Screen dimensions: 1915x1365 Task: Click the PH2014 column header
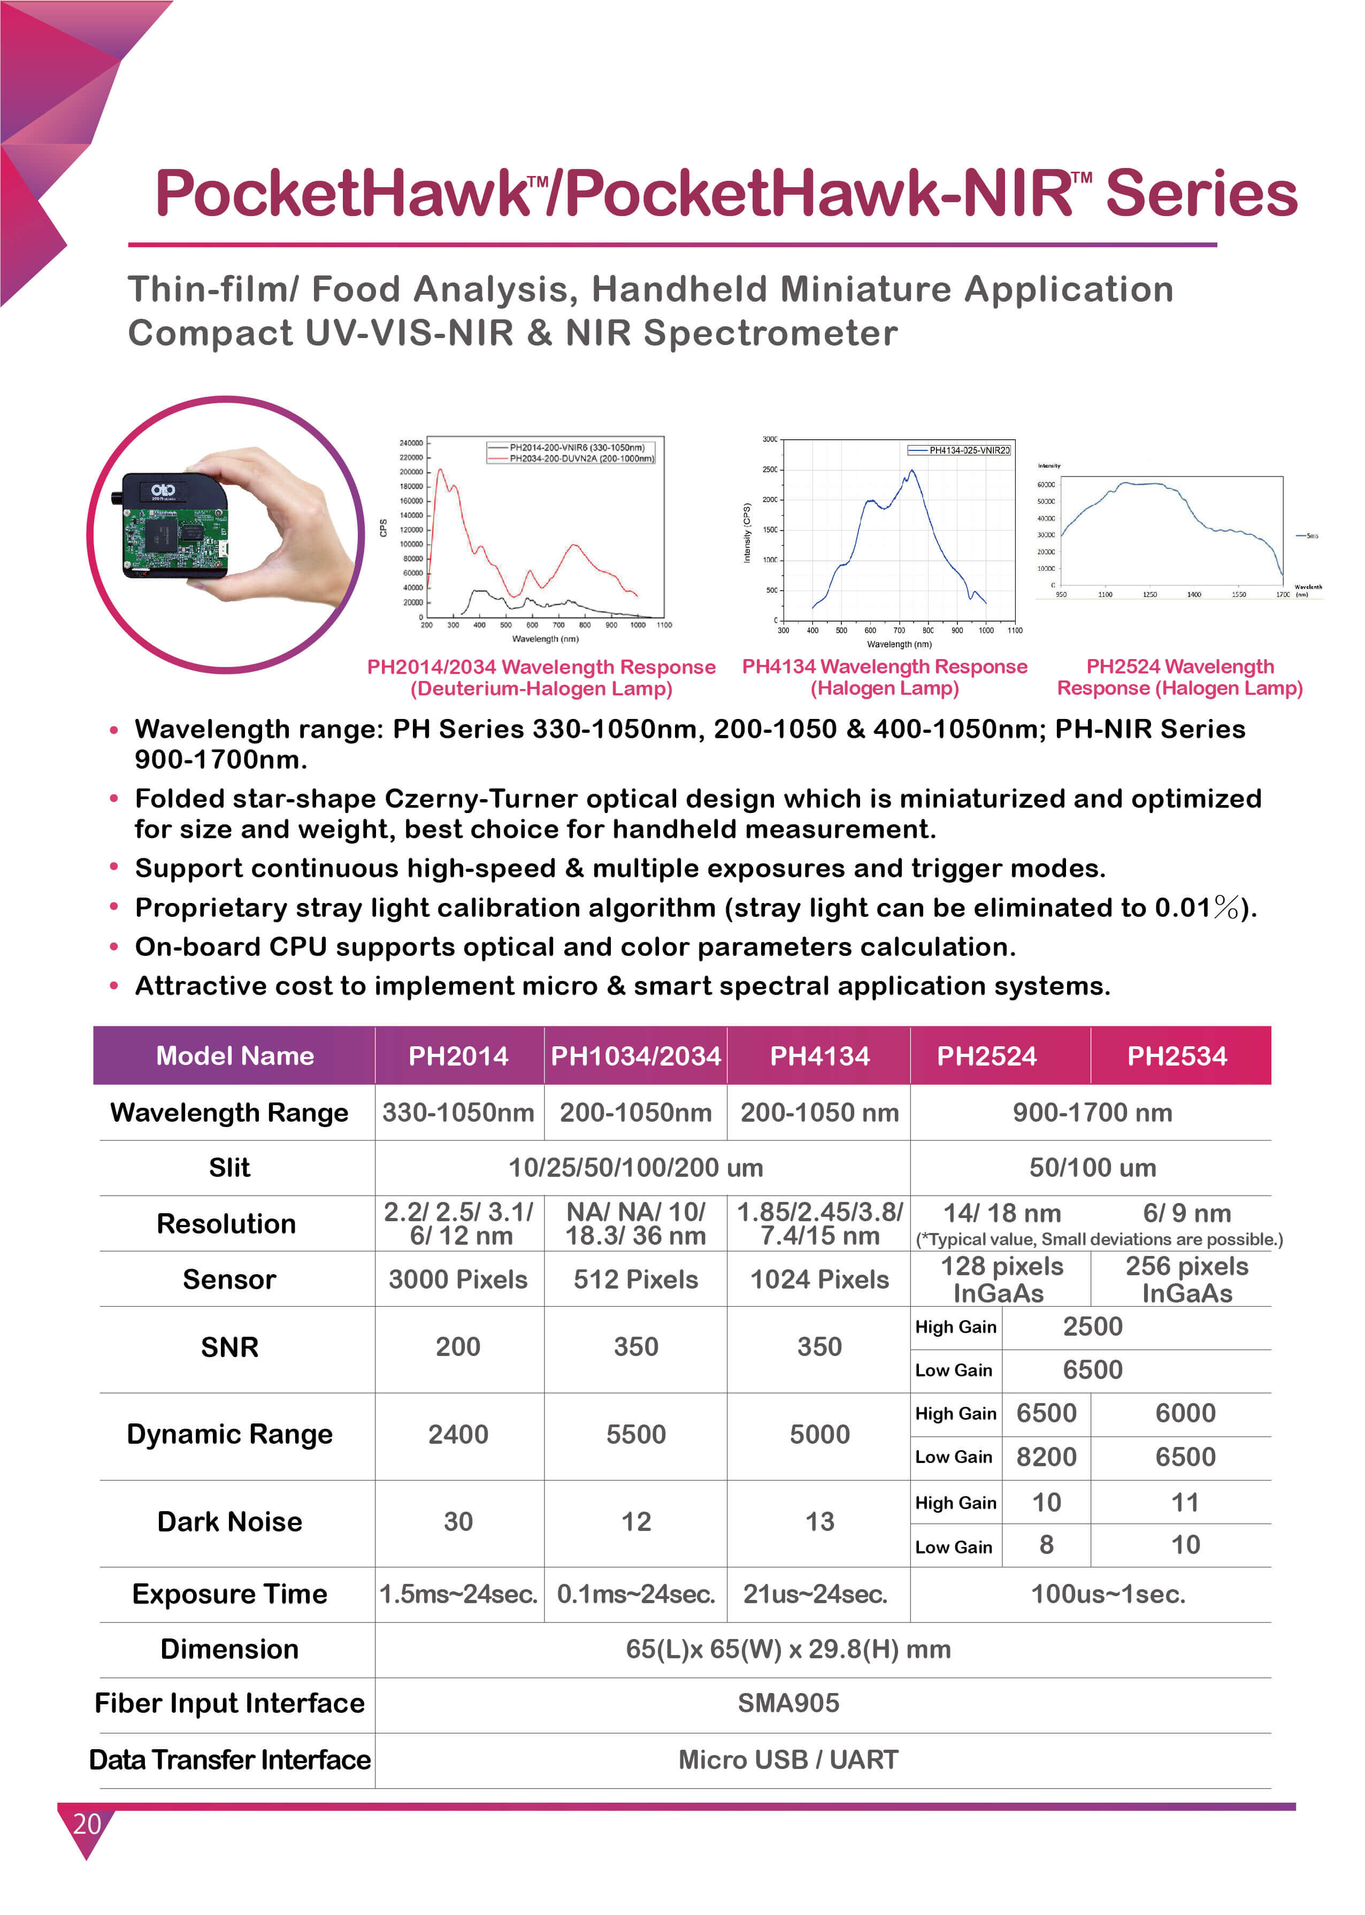(x=458, y=1056)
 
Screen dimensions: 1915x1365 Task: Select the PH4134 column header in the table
(x=819, y=1056)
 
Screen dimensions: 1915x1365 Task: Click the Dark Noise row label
(x=229, y=1522)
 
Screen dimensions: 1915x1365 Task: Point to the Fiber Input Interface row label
(x=229, y=1703)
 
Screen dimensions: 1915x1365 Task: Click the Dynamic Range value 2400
(x=458, y=1434)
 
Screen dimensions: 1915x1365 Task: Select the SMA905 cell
(x=788, y=1703)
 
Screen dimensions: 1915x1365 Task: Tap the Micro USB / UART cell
(x=788, y=1759)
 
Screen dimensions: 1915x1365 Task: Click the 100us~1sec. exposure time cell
(x=1108, y=1594)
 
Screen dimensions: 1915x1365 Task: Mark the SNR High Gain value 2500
(x=1093, y=1327)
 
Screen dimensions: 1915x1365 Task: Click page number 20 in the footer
(x=87, y=1824)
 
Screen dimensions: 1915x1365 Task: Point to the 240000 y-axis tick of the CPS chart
(x=410, y=443)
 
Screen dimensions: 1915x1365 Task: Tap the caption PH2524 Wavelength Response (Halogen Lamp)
(x=1179, y=678)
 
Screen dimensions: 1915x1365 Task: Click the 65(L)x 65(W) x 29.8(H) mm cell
(x=788, y=1649)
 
